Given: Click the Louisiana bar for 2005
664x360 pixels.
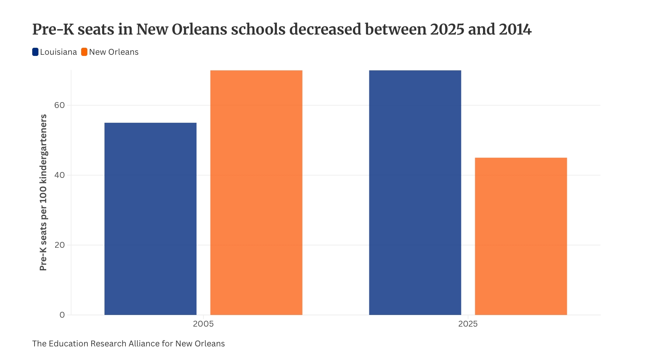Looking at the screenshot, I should coord(150,219).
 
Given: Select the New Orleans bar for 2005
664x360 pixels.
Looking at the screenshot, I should coord(256,192).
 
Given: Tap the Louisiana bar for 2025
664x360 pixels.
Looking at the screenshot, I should coord(415,192).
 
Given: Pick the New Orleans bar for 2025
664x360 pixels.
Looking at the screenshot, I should coord(521,236).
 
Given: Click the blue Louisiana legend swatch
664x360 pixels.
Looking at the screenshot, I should coord(35,52).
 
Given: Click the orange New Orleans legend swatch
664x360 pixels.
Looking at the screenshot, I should coord(84,52).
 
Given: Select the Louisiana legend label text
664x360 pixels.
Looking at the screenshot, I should coord(58,52).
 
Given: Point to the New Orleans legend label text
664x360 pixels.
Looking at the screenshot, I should coord(114,52).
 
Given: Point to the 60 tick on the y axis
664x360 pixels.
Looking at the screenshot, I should coord(59,105).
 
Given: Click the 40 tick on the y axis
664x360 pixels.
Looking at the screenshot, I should coord(59,175).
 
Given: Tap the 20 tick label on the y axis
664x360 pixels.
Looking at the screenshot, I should coord(59,245).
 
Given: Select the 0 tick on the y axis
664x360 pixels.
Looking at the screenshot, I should coord(62,315).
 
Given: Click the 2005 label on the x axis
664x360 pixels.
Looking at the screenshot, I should coord(203,324).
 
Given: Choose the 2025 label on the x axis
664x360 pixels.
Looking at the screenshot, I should coord(468,324).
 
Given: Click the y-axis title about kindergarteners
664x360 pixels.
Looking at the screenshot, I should coord(43,192).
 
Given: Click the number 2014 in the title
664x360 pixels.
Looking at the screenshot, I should coord(515,30).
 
